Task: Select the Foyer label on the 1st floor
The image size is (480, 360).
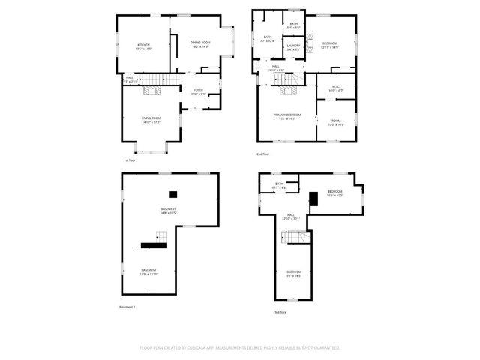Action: (198, 91)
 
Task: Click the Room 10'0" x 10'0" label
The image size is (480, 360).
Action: (336, 123)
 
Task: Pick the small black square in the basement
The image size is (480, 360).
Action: (172, 193)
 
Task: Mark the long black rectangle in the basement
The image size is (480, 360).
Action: (154, 244)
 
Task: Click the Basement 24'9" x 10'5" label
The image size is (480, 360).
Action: (169, 211)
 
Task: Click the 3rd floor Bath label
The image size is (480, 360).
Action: (279, 185)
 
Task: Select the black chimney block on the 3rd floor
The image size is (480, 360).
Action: (313, 198)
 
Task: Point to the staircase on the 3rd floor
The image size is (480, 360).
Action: (296, 238)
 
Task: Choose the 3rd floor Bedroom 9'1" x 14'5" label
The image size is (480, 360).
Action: (293, 273)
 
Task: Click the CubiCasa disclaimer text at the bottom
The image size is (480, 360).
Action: (240, 348)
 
